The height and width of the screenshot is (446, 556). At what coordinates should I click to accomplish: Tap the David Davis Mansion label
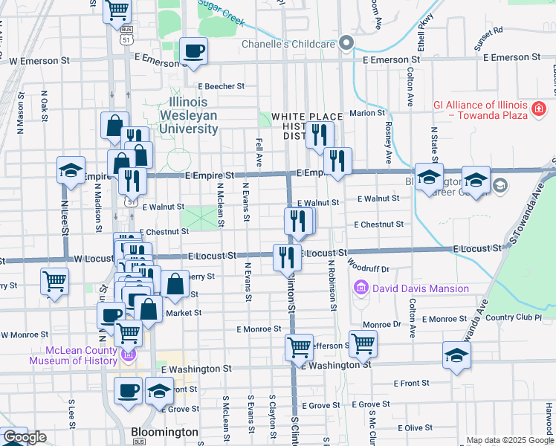point(421,288)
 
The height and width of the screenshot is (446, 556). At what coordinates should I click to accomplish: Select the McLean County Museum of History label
point(73,356)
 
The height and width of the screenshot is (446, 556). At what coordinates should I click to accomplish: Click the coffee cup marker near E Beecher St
point(194,51)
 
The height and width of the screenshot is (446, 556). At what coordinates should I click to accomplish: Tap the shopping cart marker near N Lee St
point(54,282)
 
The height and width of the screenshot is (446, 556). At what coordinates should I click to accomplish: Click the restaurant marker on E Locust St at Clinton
point(287,257)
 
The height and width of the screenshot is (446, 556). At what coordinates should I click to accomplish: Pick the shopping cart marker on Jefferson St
point(363,343)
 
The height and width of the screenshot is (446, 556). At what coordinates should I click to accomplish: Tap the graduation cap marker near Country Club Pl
point(456,355)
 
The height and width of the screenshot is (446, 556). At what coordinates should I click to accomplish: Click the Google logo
point(25,437)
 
